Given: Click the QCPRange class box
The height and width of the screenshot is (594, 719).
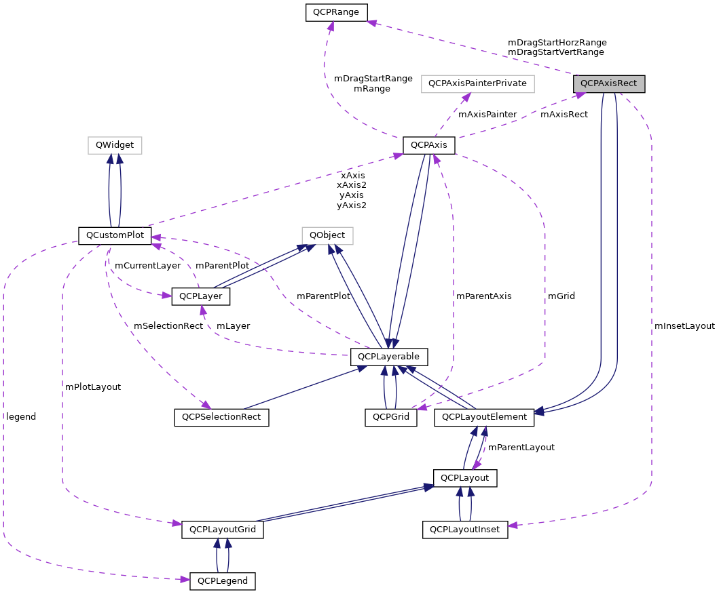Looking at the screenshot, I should click(x=336, y=12).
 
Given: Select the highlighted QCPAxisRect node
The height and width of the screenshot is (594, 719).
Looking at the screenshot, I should click(x=608, y=83).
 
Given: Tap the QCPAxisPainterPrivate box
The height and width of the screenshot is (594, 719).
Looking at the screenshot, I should click(x=478, y=83).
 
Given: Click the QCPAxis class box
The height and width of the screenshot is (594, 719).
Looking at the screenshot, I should click(x=428, y=145).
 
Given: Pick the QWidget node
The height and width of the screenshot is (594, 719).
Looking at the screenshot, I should click(x=115, y=145).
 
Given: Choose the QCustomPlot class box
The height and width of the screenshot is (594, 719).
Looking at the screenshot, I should click(x=115, y=235).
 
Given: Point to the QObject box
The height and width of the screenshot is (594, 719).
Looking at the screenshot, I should click(x=327, y=235).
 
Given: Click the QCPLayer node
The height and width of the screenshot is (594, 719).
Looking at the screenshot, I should click(x=201, y=296).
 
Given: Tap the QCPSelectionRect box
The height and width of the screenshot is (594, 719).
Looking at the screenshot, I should click(x=221, y=417).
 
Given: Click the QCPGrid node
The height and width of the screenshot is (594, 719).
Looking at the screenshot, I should click(x=391, y=417).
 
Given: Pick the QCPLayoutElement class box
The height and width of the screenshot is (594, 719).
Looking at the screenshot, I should click(x=484, y=417).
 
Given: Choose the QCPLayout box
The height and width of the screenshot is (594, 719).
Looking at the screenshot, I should click(x=466, y=478).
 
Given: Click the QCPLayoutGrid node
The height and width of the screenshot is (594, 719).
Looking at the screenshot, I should click(x=222, y=529).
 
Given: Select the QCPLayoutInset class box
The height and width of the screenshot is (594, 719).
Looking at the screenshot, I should click(x=465, y=529).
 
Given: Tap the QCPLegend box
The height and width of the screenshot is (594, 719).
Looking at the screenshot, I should click(x=222, y=581).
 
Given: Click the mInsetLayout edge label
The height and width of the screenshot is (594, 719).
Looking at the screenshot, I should click(x=684, y=326).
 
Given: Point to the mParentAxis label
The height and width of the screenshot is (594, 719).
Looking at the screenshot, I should click(x=483, y=296).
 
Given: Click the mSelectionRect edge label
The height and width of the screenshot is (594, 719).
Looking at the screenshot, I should click(x=168, y=326).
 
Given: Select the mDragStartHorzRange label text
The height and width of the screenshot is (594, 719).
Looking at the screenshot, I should click(x=557, y=42).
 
